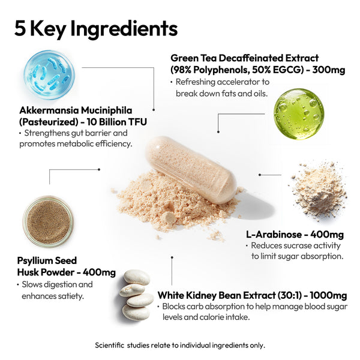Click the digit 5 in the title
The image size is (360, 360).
pyautogui.click(x=20, y=28)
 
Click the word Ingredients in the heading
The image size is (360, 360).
pyautogui.click(x=124, y=29)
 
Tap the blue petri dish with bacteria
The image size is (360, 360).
pyautogui.click(x=49, y=74)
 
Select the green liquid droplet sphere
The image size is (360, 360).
pyautogui.click(x=299, y=114)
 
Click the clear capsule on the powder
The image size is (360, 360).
pyautogui.click(x=191, y=170)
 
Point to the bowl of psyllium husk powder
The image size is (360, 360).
pyautogui.click(x=48, y=221)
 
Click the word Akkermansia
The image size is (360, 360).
pyautogui.click(x=49, y=110)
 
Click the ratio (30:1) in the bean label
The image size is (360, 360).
pyautogui.click(x=289, y=295)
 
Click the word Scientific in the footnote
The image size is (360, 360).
pyautogui.click(x=110, y=346)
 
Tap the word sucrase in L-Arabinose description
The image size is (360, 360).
pyautogui.click(x=298, y=245)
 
